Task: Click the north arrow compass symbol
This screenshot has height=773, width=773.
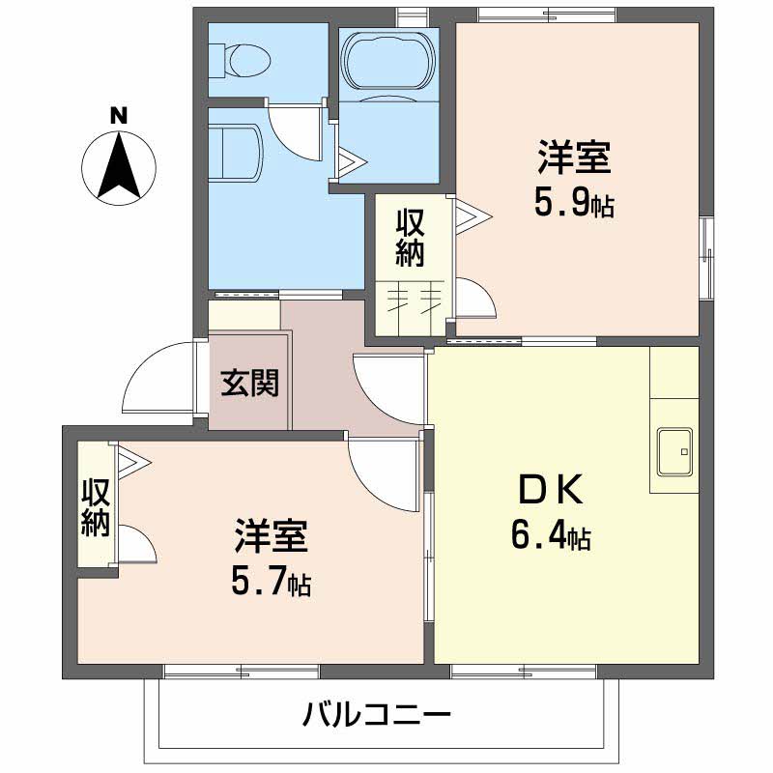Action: point(119,166)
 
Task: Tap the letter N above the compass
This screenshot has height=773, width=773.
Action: point(119,115)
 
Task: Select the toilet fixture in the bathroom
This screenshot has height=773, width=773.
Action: point(243,60)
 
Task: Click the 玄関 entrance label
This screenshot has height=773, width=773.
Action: point(249,384)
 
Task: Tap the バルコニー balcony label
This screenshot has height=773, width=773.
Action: point(377,716)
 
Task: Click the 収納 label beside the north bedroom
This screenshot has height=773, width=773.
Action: point(411,237)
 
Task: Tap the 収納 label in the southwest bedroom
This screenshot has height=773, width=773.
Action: point(95,506)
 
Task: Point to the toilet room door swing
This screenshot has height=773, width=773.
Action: point(295,130)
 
